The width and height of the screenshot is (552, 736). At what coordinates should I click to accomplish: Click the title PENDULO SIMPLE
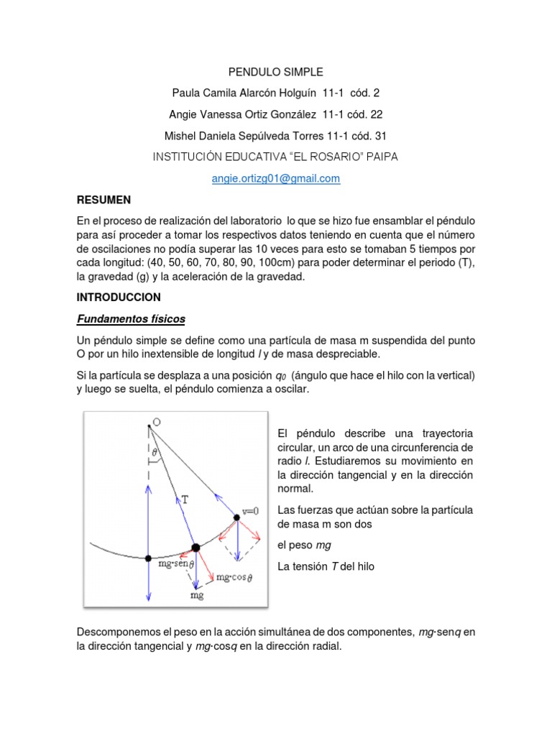point(276,72)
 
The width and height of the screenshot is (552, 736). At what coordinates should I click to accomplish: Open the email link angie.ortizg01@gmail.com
point(276,179)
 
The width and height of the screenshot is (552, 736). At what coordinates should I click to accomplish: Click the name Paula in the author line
point(188,93)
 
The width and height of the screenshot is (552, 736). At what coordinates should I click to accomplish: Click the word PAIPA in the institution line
point(379,157)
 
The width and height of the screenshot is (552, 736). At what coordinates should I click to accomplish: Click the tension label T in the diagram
point(184,499)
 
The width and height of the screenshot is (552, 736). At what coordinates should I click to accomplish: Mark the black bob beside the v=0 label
point(237,517)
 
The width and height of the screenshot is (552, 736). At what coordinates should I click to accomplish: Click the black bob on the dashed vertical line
point(148,558)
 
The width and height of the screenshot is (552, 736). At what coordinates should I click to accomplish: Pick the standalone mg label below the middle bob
point(196,595)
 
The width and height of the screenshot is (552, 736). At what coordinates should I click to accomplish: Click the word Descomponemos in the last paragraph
point(116,632)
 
